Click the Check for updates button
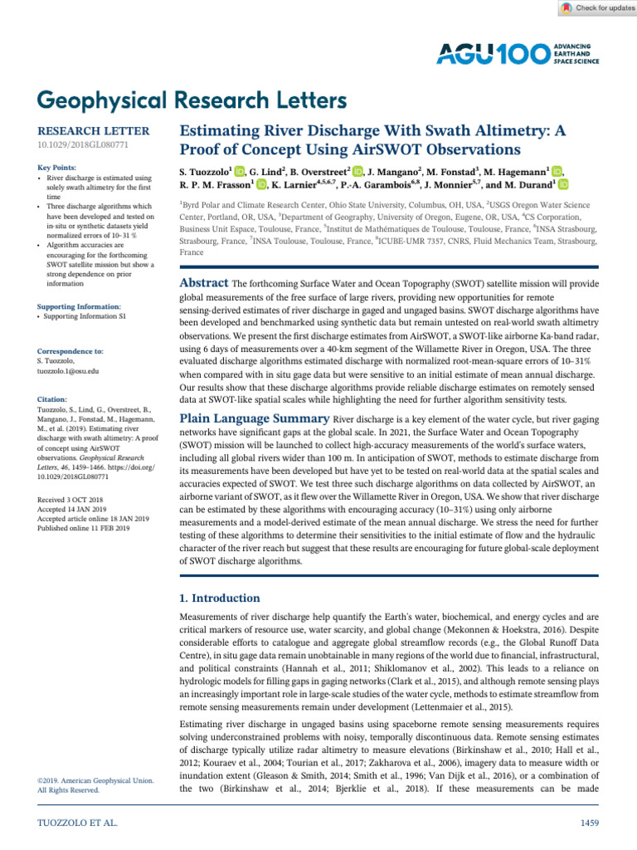coord(595,8)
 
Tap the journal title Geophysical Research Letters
coord(192,100)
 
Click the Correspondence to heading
coord(71,352)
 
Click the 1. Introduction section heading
coord(220,598)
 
